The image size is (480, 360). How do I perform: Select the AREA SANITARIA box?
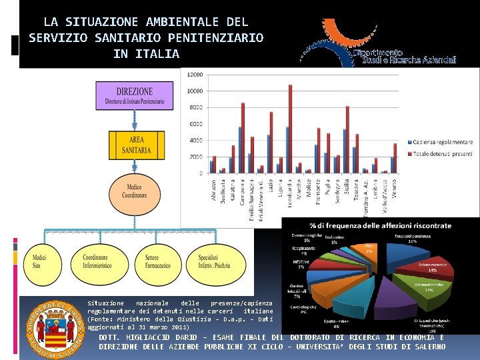[x=136, y=145]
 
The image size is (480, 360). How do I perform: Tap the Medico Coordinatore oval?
[x=134, y=191]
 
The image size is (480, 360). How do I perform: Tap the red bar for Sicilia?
[x=347, y=139]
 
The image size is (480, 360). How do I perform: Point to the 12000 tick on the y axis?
[x=195, y=75]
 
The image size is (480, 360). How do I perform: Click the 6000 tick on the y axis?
[x=196, y=124]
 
